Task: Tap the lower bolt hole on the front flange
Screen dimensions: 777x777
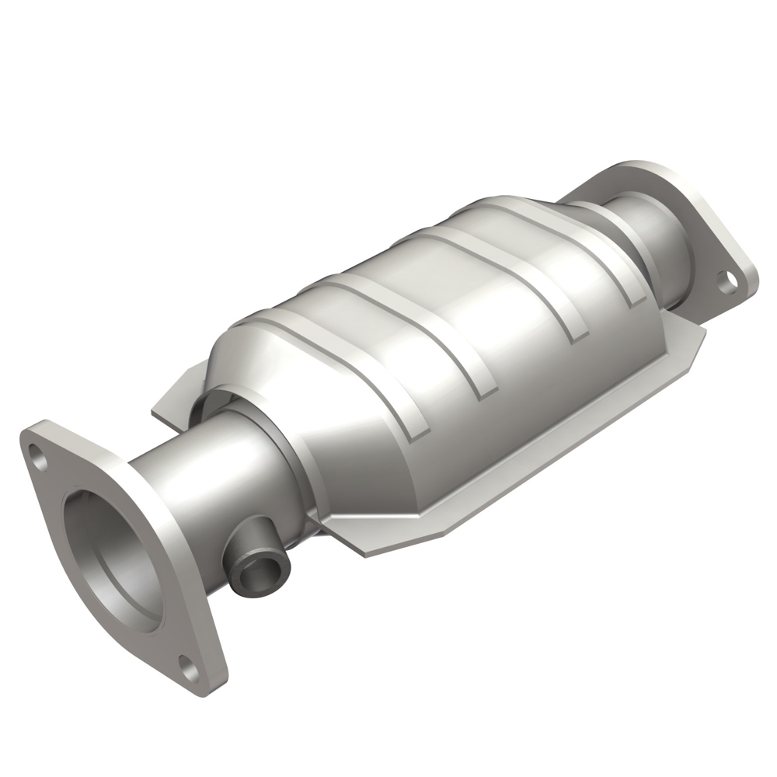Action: [x=187, y=664]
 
